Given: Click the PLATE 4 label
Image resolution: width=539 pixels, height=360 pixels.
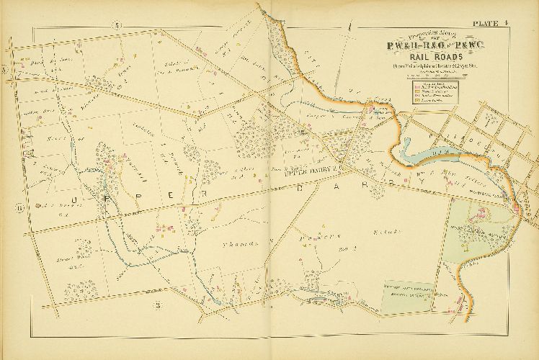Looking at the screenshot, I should (x=492, y=23).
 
